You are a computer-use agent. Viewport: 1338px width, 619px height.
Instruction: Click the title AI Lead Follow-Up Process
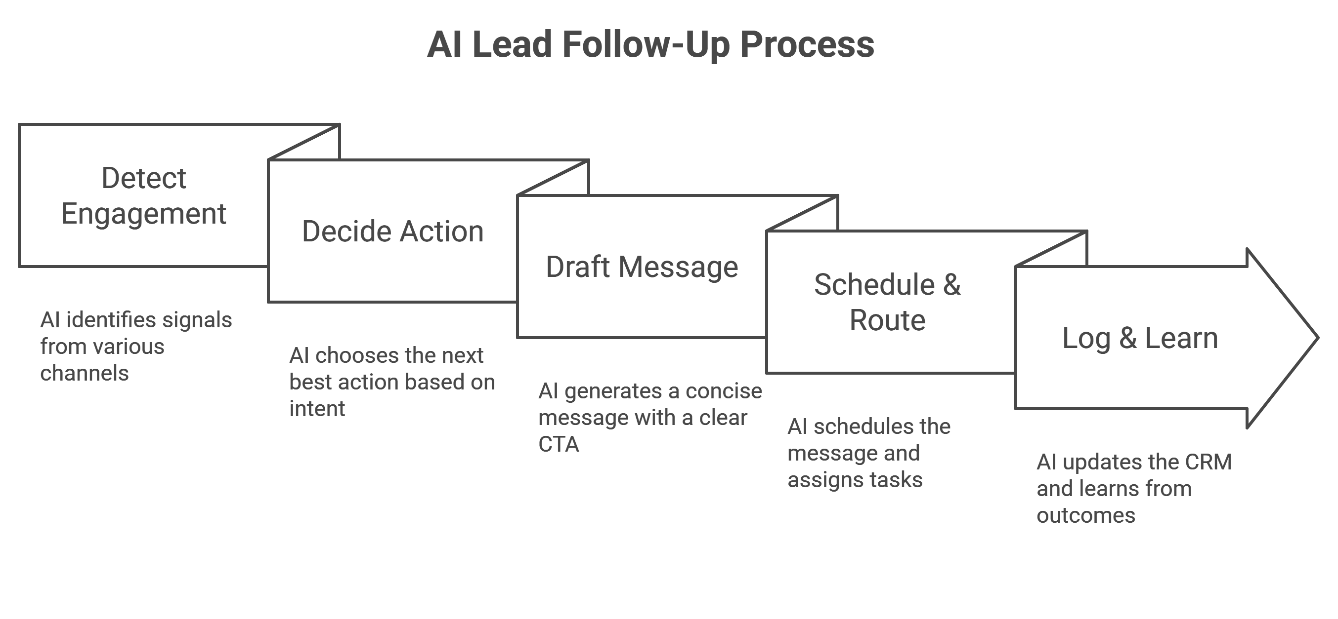click(x=650, y=44)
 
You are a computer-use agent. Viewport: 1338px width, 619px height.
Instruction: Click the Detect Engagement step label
click(x=144, y=196)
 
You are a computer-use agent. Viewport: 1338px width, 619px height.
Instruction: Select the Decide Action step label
click(x=392, y=232)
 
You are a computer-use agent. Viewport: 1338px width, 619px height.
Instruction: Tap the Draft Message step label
click(x=642, y=267)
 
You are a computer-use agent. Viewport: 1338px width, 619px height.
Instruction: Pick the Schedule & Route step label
click(x=887, y=302)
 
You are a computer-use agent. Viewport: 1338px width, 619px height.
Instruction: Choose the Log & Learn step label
click(x=1140, y=338)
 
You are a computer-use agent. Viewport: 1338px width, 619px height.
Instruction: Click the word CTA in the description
click(x=559, y=445)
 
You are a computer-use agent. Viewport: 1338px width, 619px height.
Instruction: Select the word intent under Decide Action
click(x=317, y=409)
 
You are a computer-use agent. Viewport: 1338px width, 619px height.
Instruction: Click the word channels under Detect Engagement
click(x=84, y=374)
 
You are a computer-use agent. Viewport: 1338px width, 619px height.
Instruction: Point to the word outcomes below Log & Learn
click(x=1085, y=516)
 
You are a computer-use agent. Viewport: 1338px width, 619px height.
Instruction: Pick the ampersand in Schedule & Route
click(x=951, y=284)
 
